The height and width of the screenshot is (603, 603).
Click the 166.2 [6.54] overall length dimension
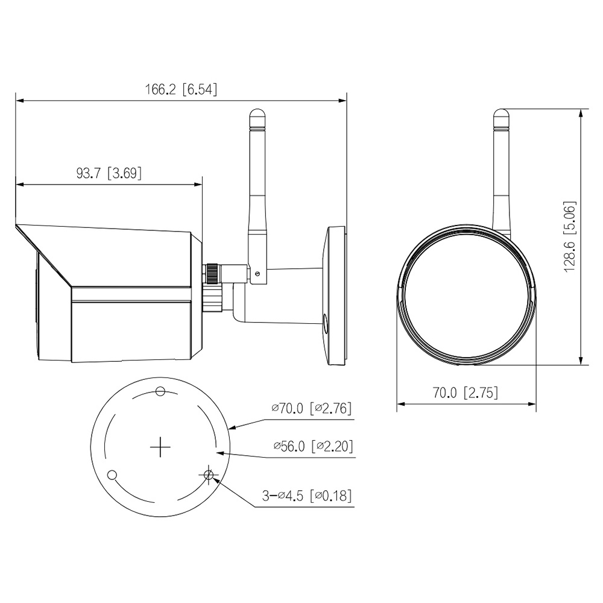pos(181,89)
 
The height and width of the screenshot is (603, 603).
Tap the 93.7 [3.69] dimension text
pos(109,173)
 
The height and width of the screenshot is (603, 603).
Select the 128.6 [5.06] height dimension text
pos(570,236)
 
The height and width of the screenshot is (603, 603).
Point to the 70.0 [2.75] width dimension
pos(466,393)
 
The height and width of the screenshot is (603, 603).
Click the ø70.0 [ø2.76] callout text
pos(312,408)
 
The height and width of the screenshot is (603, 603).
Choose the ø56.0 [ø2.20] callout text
pos(313,446)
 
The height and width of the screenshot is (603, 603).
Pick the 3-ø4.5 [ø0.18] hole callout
pos(307,496)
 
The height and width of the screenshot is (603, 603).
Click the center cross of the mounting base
pos(160,447)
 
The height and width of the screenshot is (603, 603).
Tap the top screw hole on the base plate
pos(160,391)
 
